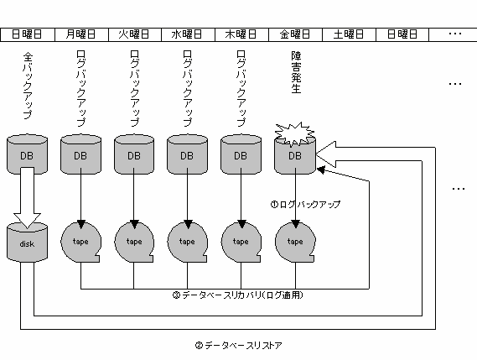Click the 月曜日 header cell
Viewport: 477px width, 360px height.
[81, 34]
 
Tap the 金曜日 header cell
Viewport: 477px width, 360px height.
[295, 34]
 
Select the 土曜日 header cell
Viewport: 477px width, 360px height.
[349, 34]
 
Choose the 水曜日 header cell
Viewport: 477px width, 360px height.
[188, 34]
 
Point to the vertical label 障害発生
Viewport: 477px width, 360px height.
[296, 72]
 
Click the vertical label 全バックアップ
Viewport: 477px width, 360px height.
[28, 86]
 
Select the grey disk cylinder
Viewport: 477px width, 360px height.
[27, 243]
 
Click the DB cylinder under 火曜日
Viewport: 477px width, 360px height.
[134, 154]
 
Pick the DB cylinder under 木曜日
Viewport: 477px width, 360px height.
[241, 154]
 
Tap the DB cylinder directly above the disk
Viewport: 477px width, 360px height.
[27, 154]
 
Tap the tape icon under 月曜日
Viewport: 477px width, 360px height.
[80, 243]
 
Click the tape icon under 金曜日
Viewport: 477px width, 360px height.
[295, 243]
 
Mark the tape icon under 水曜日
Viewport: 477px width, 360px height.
[188, 243]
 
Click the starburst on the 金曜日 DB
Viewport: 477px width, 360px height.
[294, 134]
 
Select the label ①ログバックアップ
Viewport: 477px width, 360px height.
[305, 204]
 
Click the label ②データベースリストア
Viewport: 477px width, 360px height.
[238, 346]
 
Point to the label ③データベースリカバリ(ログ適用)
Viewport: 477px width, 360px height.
[238, 295]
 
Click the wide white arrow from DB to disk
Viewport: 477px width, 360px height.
[27, 197]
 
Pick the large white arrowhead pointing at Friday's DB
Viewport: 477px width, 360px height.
[326, 154]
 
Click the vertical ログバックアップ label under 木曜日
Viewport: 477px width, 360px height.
[241, 88]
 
